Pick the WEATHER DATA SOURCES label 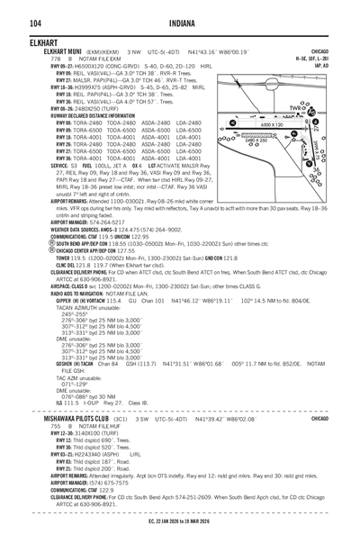pyautogui.click(x=44, y=203)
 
